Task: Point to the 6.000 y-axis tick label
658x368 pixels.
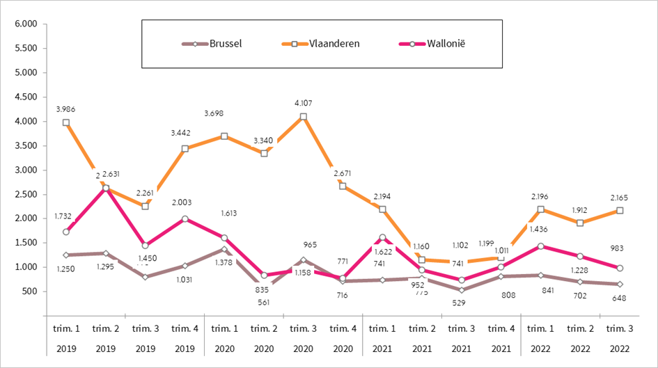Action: (25, 24)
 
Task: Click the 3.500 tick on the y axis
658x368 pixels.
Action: (25, 145)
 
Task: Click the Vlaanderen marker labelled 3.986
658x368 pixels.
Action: (65, 122)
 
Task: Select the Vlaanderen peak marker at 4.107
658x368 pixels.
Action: (304, 117)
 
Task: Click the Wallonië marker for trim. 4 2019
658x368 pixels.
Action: (185, 218)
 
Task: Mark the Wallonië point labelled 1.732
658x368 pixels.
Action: (65, 232)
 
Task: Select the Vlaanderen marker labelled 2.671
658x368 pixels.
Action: (343, 186)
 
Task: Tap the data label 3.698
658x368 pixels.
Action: (224, 113)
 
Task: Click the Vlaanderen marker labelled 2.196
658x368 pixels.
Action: (540, 209)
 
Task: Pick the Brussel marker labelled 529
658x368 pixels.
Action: (462, 290)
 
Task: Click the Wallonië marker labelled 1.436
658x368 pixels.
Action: (540, 246)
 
